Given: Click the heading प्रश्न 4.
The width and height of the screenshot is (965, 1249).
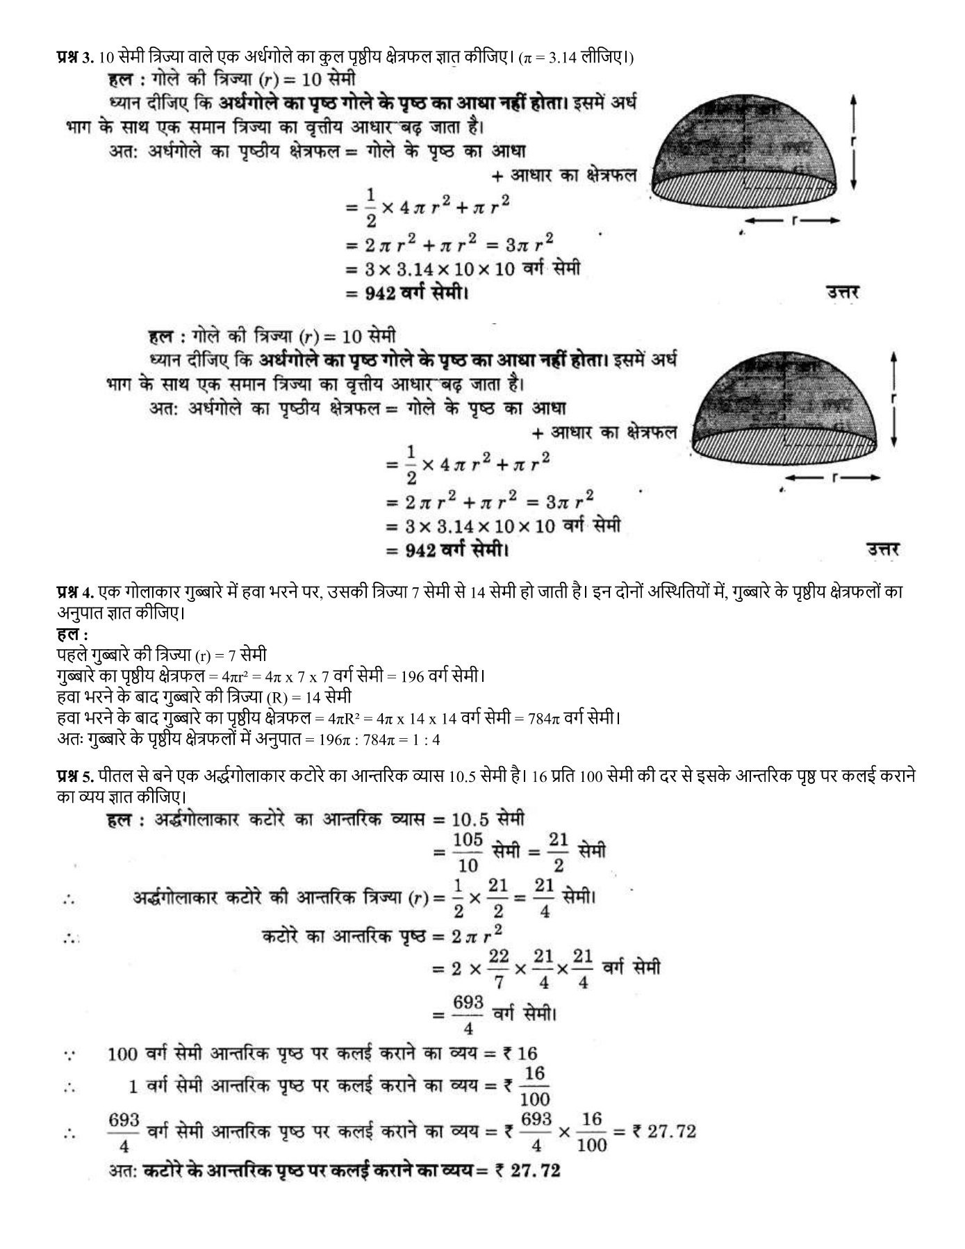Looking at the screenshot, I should point(75,592).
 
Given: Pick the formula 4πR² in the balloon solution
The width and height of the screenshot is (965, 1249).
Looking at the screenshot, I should point(341,717).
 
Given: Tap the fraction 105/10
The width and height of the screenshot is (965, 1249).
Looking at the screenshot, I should point(468,852).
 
